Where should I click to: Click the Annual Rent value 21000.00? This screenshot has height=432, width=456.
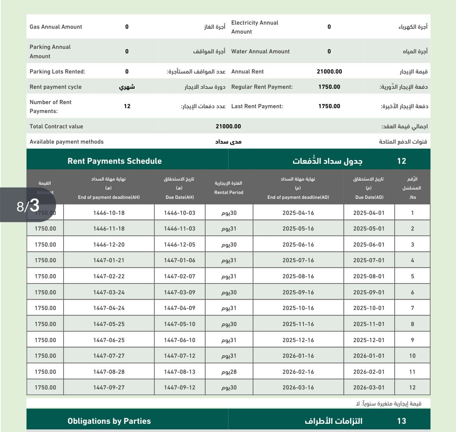(329, 72)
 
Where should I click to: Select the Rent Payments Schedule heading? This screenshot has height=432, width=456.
(114, 161)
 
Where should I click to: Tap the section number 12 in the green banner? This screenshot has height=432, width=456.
(401, 161)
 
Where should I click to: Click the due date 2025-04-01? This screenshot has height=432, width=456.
(369, 213)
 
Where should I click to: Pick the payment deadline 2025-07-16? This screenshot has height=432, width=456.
(298, 260)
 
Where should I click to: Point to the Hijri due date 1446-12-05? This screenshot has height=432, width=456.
(179, 245)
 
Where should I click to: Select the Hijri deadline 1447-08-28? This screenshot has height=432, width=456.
(109, 372)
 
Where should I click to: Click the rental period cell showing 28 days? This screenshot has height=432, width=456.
(229, 372)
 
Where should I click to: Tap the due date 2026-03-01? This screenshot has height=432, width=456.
(369, 388)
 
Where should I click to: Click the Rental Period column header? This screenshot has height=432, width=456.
(229, 188)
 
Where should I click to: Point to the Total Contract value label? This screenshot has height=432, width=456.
(56, 126)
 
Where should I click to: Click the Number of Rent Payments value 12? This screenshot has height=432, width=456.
(127, 106)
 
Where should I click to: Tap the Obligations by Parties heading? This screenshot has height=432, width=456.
(109, 421)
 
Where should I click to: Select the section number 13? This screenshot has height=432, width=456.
(401, 421)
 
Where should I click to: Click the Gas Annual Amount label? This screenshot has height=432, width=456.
(56, 27)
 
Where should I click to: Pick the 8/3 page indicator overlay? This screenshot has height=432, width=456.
(28, 205)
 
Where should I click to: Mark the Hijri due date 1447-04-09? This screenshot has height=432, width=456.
(179, 308)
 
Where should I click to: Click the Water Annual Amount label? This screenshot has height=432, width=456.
(261, 51)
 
